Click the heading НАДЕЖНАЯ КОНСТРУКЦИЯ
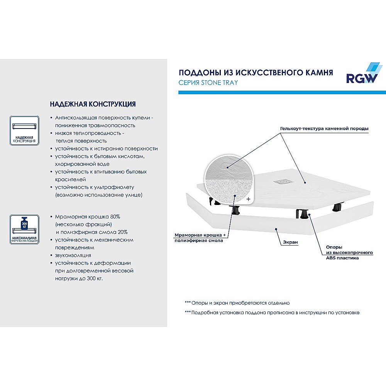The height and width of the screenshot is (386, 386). click(x=93, y=104)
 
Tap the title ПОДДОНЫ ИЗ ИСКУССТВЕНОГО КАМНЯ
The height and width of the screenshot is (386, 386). click(x=256, y=73)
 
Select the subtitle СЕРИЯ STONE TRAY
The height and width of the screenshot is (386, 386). click(x=208, y=83)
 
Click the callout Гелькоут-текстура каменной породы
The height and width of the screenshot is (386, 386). click(x=325, y=128)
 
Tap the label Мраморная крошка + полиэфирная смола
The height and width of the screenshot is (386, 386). click(x=198, y=238)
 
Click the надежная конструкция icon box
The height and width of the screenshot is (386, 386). click(x=24, y=130)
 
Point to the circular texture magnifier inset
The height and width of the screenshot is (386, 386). click(x=229, y=181)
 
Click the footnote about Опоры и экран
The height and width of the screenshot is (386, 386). click(x=237, y=303)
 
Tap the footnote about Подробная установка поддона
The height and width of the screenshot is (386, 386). click(x=272, y=312)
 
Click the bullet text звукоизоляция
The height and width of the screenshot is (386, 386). click(x=73, y=255)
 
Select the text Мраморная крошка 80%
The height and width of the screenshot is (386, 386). click(x=88, y=217)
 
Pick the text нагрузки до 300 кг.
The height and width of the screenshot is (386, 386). click(x=79, y=278)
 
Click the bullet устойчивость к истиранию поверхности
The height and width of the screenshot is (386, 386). click(x=106, y=149)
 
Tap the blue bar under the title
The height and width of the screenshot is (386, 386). click(x=282, y=92)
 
